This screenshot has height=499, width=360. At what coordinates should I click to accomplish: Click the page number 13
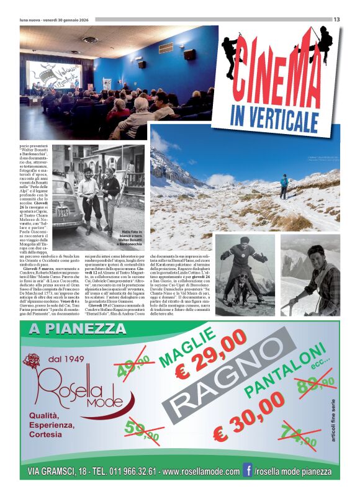coord(336,19)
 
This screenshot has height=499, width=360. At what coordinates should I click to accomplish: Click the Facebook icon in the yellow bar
coord(247,471)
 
